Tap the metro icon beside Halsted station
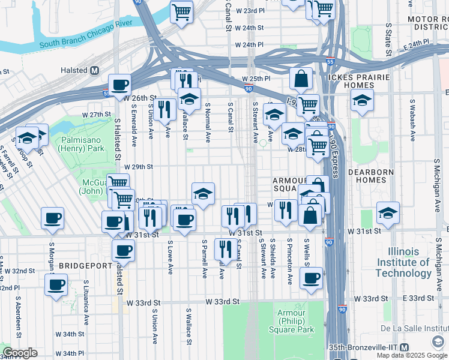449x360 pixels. pos(94,70)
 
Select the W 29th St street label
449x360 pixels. pos(139,167)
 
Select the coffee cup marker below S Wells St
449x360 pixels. pos(311,278)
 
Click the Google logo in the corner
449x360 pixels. pos(20,353)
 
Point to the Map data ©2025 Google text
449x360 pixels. pos(412,355)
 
